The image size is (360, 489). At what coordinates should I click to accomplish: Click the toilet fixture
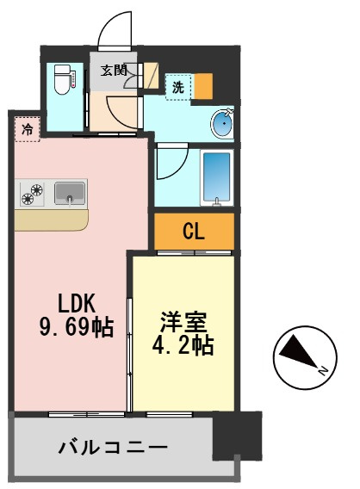tap(63, 79)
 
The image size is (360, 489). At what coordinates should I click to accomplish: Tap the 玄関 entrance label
tap(114, 71)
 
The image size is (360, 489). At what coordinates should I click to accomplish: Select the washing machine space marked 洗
tap(178, 87)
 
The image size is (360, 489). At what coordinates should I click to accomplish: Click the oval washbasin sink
tap(222, 123)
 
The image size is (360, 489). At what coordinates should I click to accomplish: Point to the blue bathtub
tap(217, 177)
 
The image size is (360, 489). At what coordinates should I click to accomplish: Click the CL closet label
tap(194, 231)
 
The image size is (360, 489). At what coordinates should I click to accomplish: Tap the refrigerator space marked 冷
tap(28, 129)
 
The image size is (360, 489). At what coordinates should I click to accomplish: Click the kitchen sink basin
tap(70, 194)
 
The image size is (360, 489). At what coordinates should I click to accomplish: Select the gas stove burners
tap(32, 194)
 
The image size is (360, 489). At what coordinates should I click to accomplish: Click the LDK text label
tap(77, 303)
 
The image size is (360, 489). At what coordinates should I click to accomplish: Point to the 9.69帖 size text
tap(77, 327)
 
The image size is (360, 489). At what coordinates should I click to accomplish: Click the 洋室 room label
tap(183, 322)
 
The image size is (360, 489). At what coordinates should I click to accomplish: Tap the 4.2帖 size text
tap(183, 345)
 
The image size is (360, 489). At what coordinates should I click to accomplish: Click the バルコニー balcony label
tap(113, 448)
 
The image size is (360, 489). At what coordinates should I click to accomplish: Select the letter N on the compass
tap(323, 370)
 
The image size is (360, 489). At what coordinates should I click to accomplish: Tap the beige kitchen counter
tap(52, 220)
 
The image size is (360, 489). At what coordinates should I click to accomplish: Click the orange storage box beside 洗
tap(203, 86)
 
